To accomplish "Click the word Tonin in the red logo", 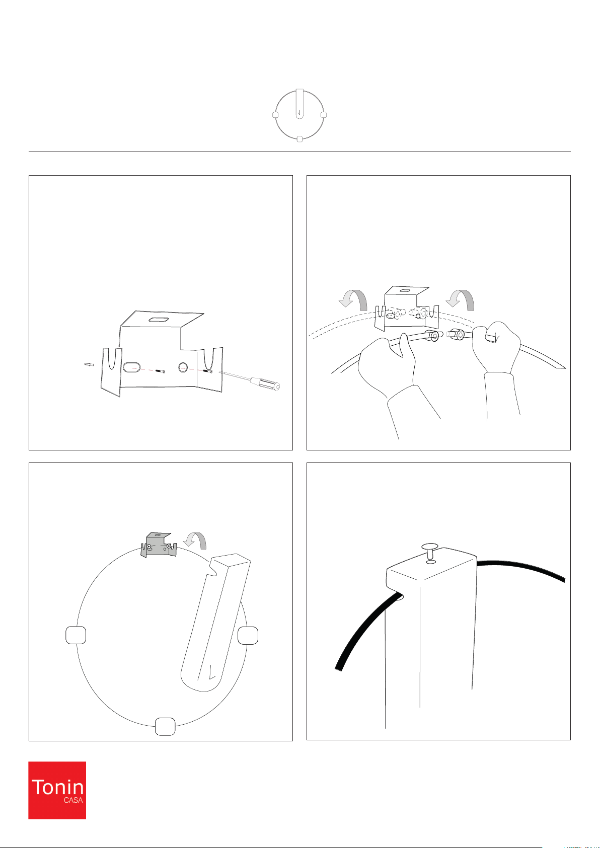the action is pos(57,787).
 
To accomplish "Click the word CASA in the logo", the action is pos(73,800).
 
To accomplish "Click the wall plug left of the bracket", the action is pos(89,364).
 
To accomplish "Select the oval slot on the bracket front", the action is pos(131,367).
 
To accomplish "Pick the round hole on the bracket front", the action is pos(183,367).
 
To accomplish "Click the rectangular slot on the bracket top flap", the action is pos(159,320).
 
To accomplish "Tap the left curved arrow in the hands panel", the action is pos(353,299).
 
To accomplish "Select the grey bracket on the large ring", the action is pos(159,545).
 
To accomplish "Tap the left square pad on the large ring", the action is pos(76,635).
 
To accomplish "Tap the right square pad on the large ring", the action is pos(248,635).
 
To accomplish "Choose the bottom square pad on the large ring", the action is pos(165,727).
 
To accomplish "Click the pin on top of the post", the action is pos(430,550).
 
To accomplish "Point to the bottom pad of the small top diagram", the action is pos(300,139).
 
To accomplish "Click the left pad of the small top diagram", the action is pos(275,115).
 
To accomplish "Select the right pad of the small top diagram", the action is pos(324,115).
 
